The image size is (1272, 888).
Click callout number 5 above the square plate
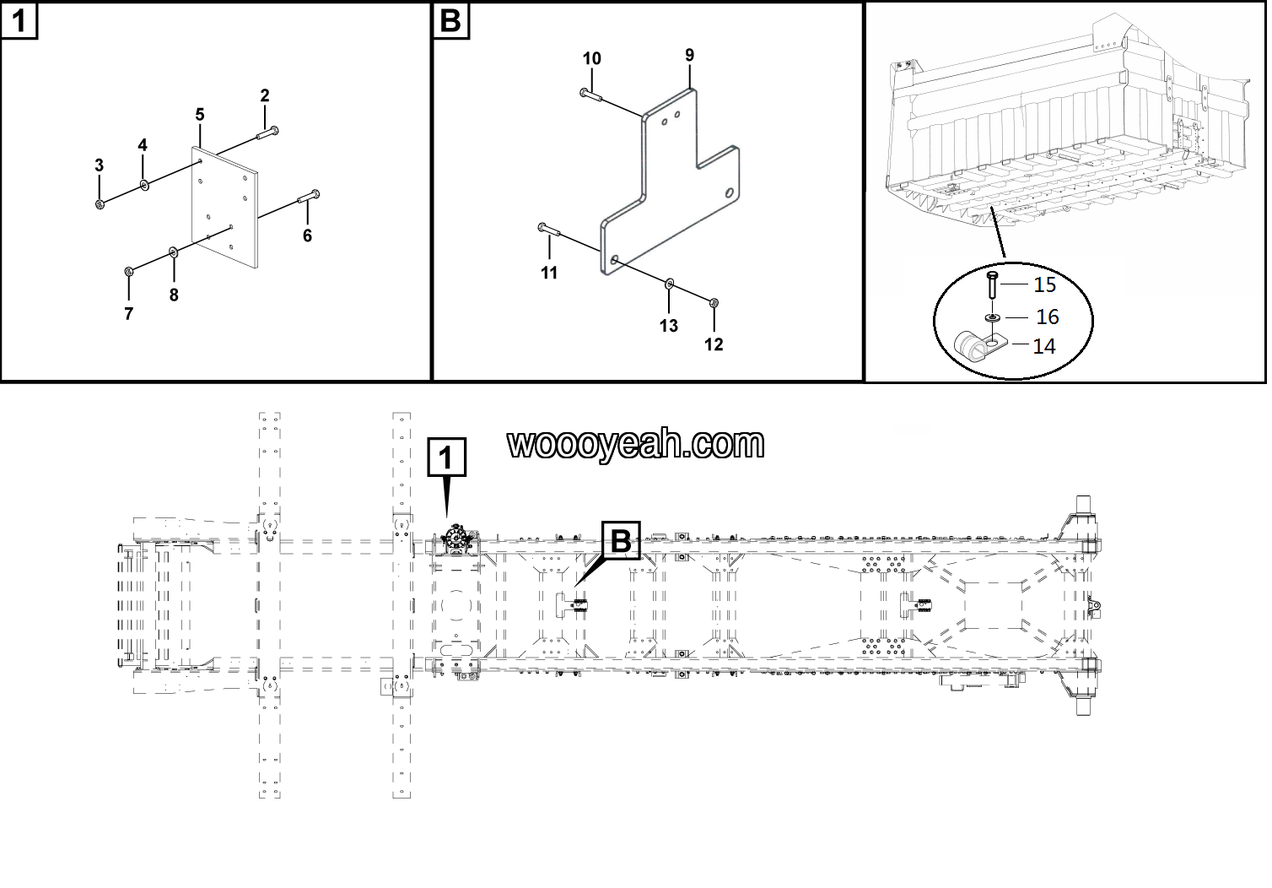click(200, 114)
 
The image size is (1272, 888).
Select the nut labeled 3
click(100, 203)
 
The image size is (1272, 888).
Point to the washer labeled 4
click(145, 184)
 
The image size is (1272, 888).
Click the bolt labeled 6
click(308, 198)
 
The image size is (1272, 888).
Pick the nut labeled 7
click(129, 271)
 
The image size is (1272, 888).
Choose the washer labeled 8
click(174, 252)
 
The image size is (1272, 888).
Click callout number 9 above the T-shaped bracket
click(689, 55)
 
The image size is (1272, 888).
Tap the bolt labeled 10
click(590, 94)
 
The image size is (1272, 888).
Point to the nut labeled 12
click(714, 301)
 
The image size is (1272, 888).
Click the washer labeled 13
click(669, 283)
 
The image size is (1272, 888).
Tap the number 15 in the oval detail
click(1044, 284)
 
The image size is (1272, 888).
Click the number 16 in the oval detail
click(1047, 317)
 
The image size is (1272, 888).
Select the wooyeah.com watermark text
click(636, 444)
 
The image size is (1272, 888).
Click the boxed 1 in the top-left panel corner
click(19, 20)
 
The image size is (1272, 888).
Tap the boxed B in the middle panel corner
click(450, 20)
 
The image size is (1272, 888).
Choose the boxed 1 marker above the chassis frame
click(446, 458)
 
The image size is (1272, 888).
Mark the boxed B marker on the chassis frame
click(620, 541)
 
